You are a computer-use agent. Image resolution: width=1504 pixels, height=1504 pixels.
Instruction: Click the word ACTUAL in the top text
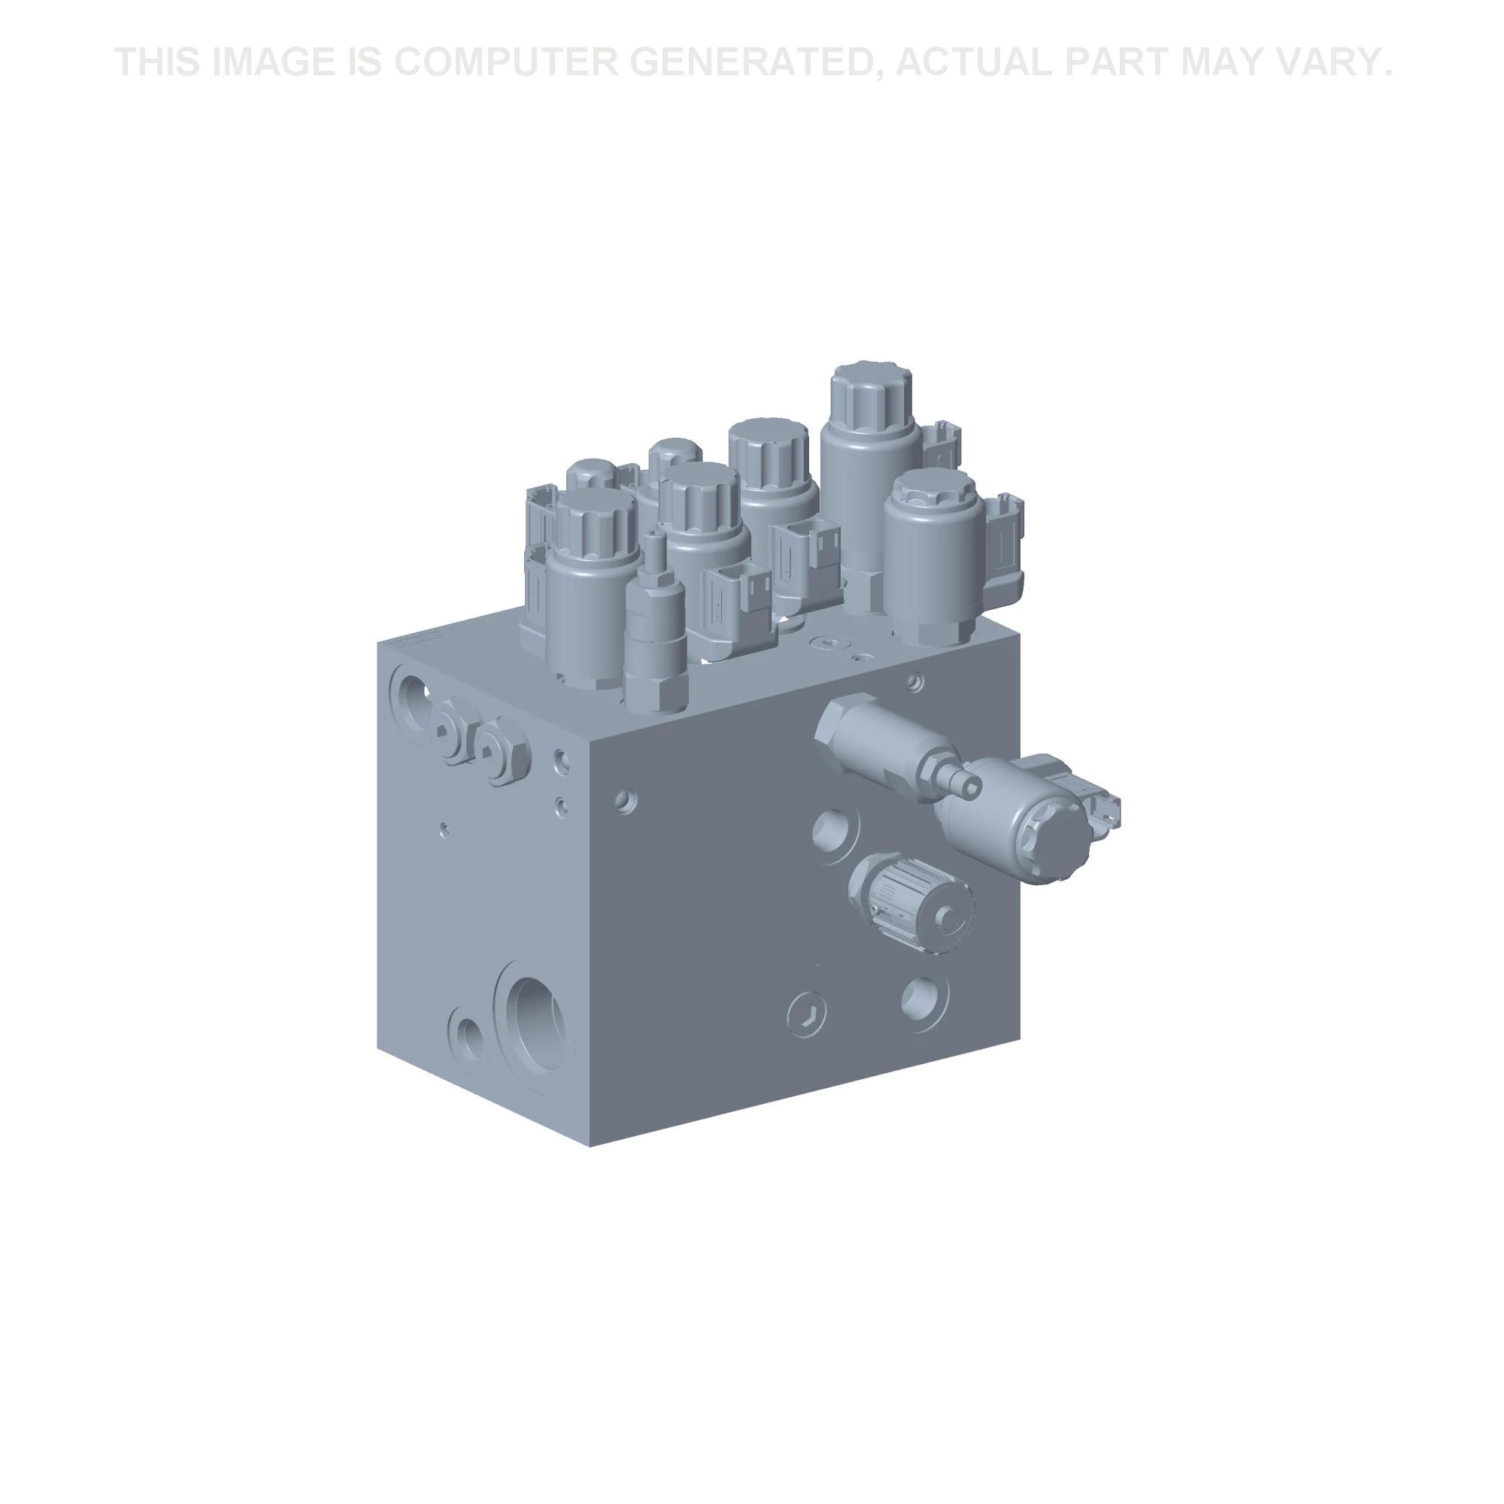point(973,62)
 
